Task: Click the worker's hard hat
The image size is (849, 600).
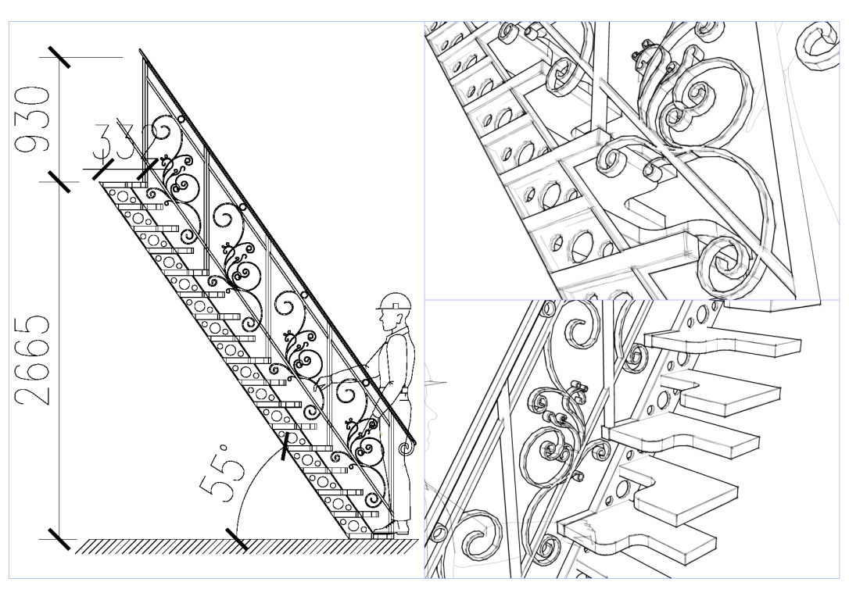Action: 394,302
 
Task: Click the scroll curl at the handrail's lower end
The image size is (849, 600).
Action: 405,449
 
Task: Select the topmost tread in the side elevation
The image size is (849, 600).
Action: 125,184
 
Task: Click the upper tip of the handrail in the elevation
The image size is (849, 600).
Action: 142,53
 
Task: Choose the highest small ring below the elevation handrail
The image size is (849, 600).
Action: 181,120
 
